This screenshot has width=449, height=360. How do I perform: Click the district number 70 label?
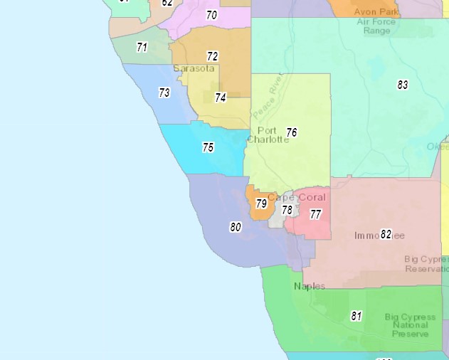point(211,15)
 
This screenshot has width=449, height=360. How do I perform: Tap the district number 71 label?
point(142,48)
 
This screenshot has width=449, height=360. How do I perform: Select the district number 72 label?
point(212,56)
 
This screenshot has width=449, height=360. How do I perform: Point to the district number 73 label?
point(164,93)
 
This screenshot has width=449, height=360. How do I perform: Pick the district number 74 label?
point(221,98)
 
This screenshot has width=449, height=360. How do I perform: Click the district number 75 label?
point(208,148)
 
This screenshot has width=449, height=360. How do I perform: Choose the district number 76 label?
point(291,132)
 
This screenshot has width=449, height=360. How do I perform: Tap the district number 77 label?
point(315,214)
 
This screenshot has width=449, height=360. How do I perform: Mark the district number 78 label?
point(287,210)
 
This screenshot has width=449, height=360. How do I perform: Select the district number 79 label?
point(261,204)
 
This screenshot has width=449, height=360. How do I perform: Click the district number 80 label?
point(236,228)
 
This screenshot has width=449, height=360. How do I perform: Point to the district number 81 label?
point(356,317)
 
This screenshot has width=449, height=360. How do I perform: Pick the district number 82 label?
point(386,234)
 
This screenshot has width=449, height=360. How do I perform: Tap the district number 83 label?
point(403,85)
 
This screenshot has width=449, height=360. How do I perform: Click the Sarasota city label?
point(194,69)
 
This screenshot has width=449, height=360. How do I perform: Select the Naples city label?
point(310,286)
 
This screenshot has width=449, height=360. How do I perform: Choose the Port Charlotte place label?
point(268,135)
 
